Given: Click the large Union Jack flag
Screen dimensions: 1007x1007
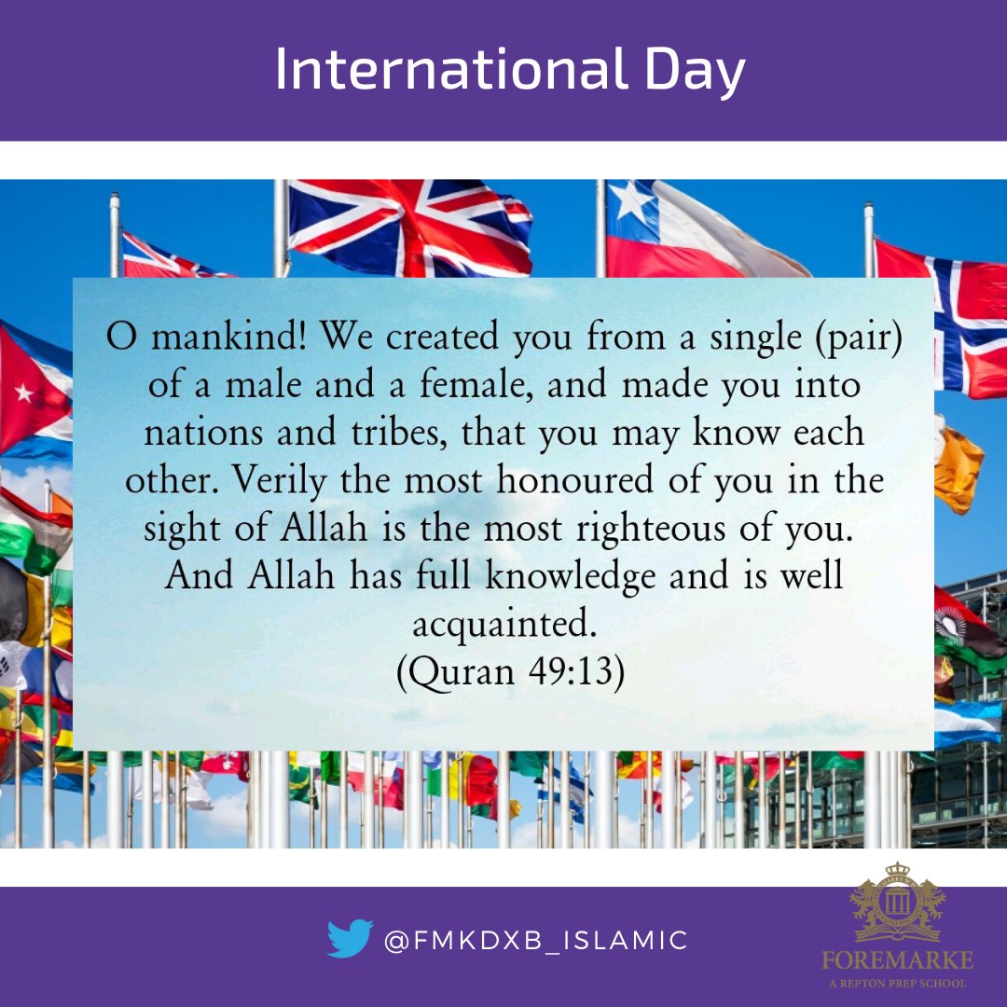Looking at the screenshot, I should tap(410, 228).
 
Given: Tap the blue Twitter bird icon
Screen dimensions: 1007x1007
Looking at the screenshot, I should tap(350, 939).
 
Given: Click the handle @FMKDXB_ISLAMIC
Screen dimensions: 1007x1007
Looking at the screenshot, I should tap(536, 940).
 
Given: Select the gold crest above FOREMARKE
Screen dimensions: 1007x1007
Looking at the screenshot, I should tap(896, 903).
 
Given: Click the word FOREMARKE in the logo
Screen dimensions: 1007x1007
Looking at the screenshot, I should tap(896, 960).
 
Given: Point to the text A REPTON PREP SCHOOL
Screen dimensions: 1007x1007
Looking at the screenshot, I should tap(896, 983).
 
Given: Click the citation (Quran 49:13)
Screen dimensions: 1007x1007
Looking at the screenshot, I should tap(510, 670).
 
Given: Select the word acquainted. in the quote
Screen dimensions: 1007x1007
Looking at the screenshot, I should tap(504, 623).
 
